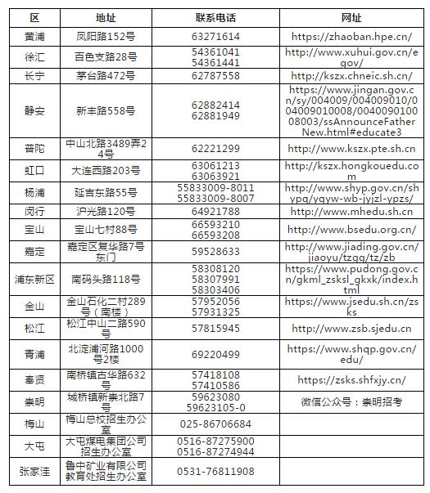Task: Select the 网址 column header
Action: coord(351,18)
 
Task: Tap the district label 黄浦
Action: coord(35,36)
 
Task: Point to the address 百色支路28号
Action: coord(106,56)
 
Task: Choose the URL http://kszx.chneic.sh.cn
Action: coord(351,75)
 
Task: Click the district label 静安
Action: coord(35,110)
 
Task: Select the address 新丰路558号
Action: coord(106,110)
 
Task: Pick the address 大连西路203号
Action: coord(106,170)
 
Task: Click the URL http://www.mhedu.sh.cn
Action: coord(351,211)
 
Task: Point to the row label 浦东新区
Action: coord(35,279)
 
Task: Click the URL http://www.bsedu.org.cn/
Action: coord(351,230)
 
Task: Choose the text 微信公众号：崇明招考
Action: coord(351,401)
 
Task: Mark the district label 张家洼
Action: coord(35,471)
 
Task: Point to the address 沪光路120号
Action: coord(106,211)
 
